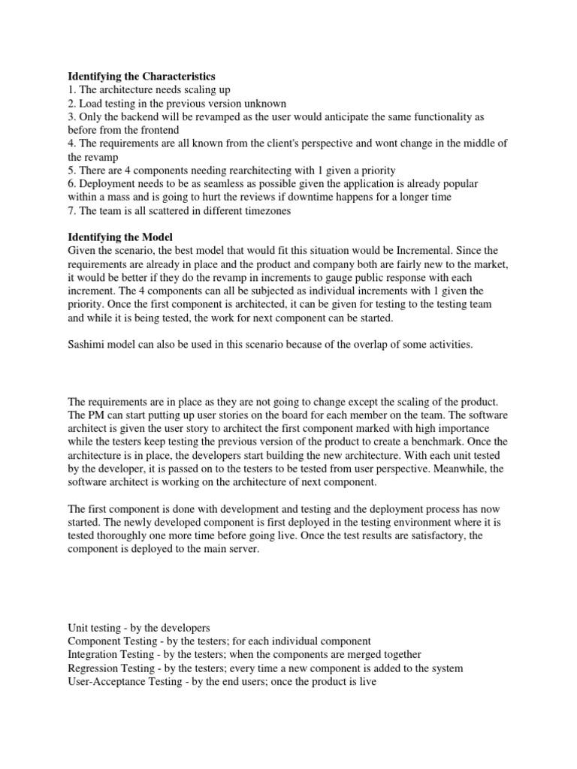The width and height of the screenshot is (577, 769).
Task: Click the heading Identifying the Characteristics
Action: pos(141,77)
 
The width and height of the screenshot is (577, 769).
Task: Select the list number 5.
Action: pos(71,171)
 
